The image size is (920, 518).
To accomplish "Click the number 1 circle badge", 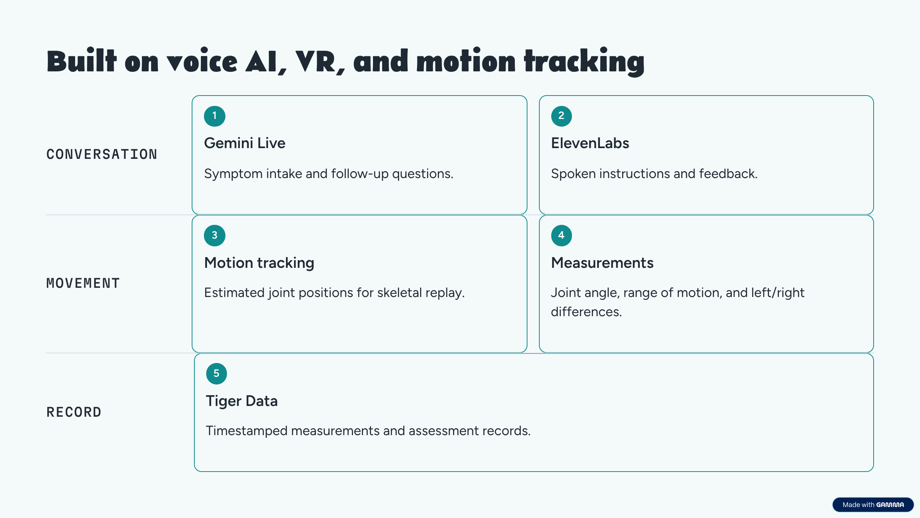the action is [215, 116].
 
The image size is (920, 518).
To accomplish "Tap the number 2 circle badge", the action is [562, 116].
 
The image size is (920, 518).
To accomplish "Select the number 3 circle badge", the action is [215, 236].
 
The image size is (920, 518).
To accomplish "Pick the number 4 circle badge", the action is [562, 236].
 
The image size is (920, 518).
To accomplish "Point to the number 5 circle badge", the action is [217, 374].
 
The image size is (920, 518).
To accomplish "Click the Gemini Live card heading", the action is [245, 143].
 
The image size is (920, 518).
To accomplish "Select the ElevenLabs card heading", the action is [590, 143].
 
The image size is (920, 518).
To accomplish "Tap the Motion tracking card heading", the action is [259, 263].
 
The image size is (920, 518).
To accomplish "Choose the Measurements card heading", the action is [602, 263].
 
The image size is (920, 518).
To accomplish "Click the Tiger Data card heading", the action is [242, 401].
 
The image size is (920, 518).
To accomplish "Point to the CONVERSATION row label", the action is [102, 154].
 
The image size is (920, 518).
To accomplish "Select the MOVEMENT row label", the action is [83, 283].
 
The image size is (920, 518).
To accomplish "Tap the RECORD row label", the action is [74, 412].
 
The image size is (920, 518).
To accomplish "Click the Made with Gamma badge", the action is [873, 505].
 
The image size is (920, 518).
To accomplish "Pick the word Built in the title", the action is [81, 60].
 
